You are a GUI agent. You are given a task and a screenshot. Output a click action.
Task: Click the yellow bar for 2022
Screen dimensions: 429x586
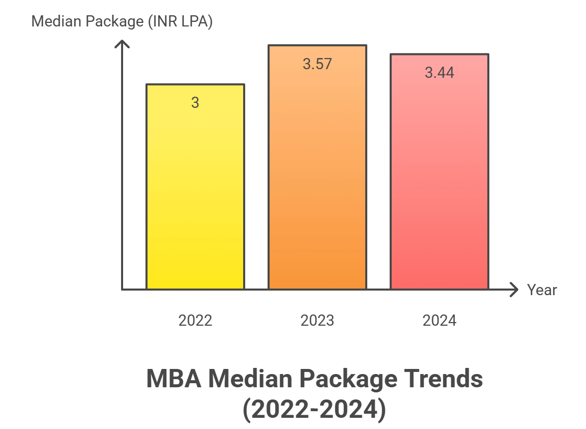tap(195, 193)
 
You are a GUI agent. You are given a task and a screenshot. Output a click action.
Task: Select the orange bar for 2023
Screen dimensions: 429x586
tap(317, 178)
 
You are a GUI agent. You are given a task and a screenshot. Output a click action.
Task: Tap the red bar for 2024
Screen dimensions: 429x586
tap(439, 183)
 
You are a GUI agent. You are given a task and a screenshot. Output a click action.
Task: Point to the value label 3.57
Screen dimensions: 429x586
tap(317, 64)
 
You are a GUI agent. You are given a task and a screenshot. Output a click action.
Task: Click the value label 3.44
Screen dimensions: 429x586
tap(439, 73)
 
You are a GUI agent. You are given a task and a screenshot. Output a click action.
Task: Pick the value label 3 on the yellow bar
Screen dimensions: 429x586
tap(195, 103)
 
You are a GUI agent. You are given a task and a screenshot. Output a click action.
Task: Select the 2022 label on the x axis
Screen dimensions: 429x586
tap(195, 321)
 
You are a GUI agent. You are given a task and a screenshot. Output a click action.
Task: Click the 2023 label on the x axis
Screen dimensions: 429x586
tap(317, 321)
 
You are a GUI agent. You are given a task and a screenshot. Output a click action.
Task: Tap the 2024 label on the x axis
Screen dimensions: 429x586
tap(439, 321)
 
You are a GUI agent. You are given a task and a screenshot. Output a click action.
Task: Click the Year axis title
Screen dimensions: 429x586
tap(542, 290)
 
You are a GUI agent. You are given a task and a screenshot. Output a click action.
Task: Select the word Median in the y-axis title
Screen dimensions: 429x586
tap(53, 22)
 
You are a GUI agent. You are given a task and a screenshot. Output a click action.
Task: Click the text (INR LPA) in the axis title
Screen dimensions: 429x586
tap(181, 22)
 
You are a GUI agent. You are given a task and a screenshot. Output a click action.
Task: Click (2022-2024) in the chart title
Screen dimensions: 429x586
tap(314, 410)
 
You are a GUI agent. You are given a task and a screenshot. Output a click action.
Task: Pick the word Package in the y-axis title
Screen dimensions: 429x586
tap(112, 22)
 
